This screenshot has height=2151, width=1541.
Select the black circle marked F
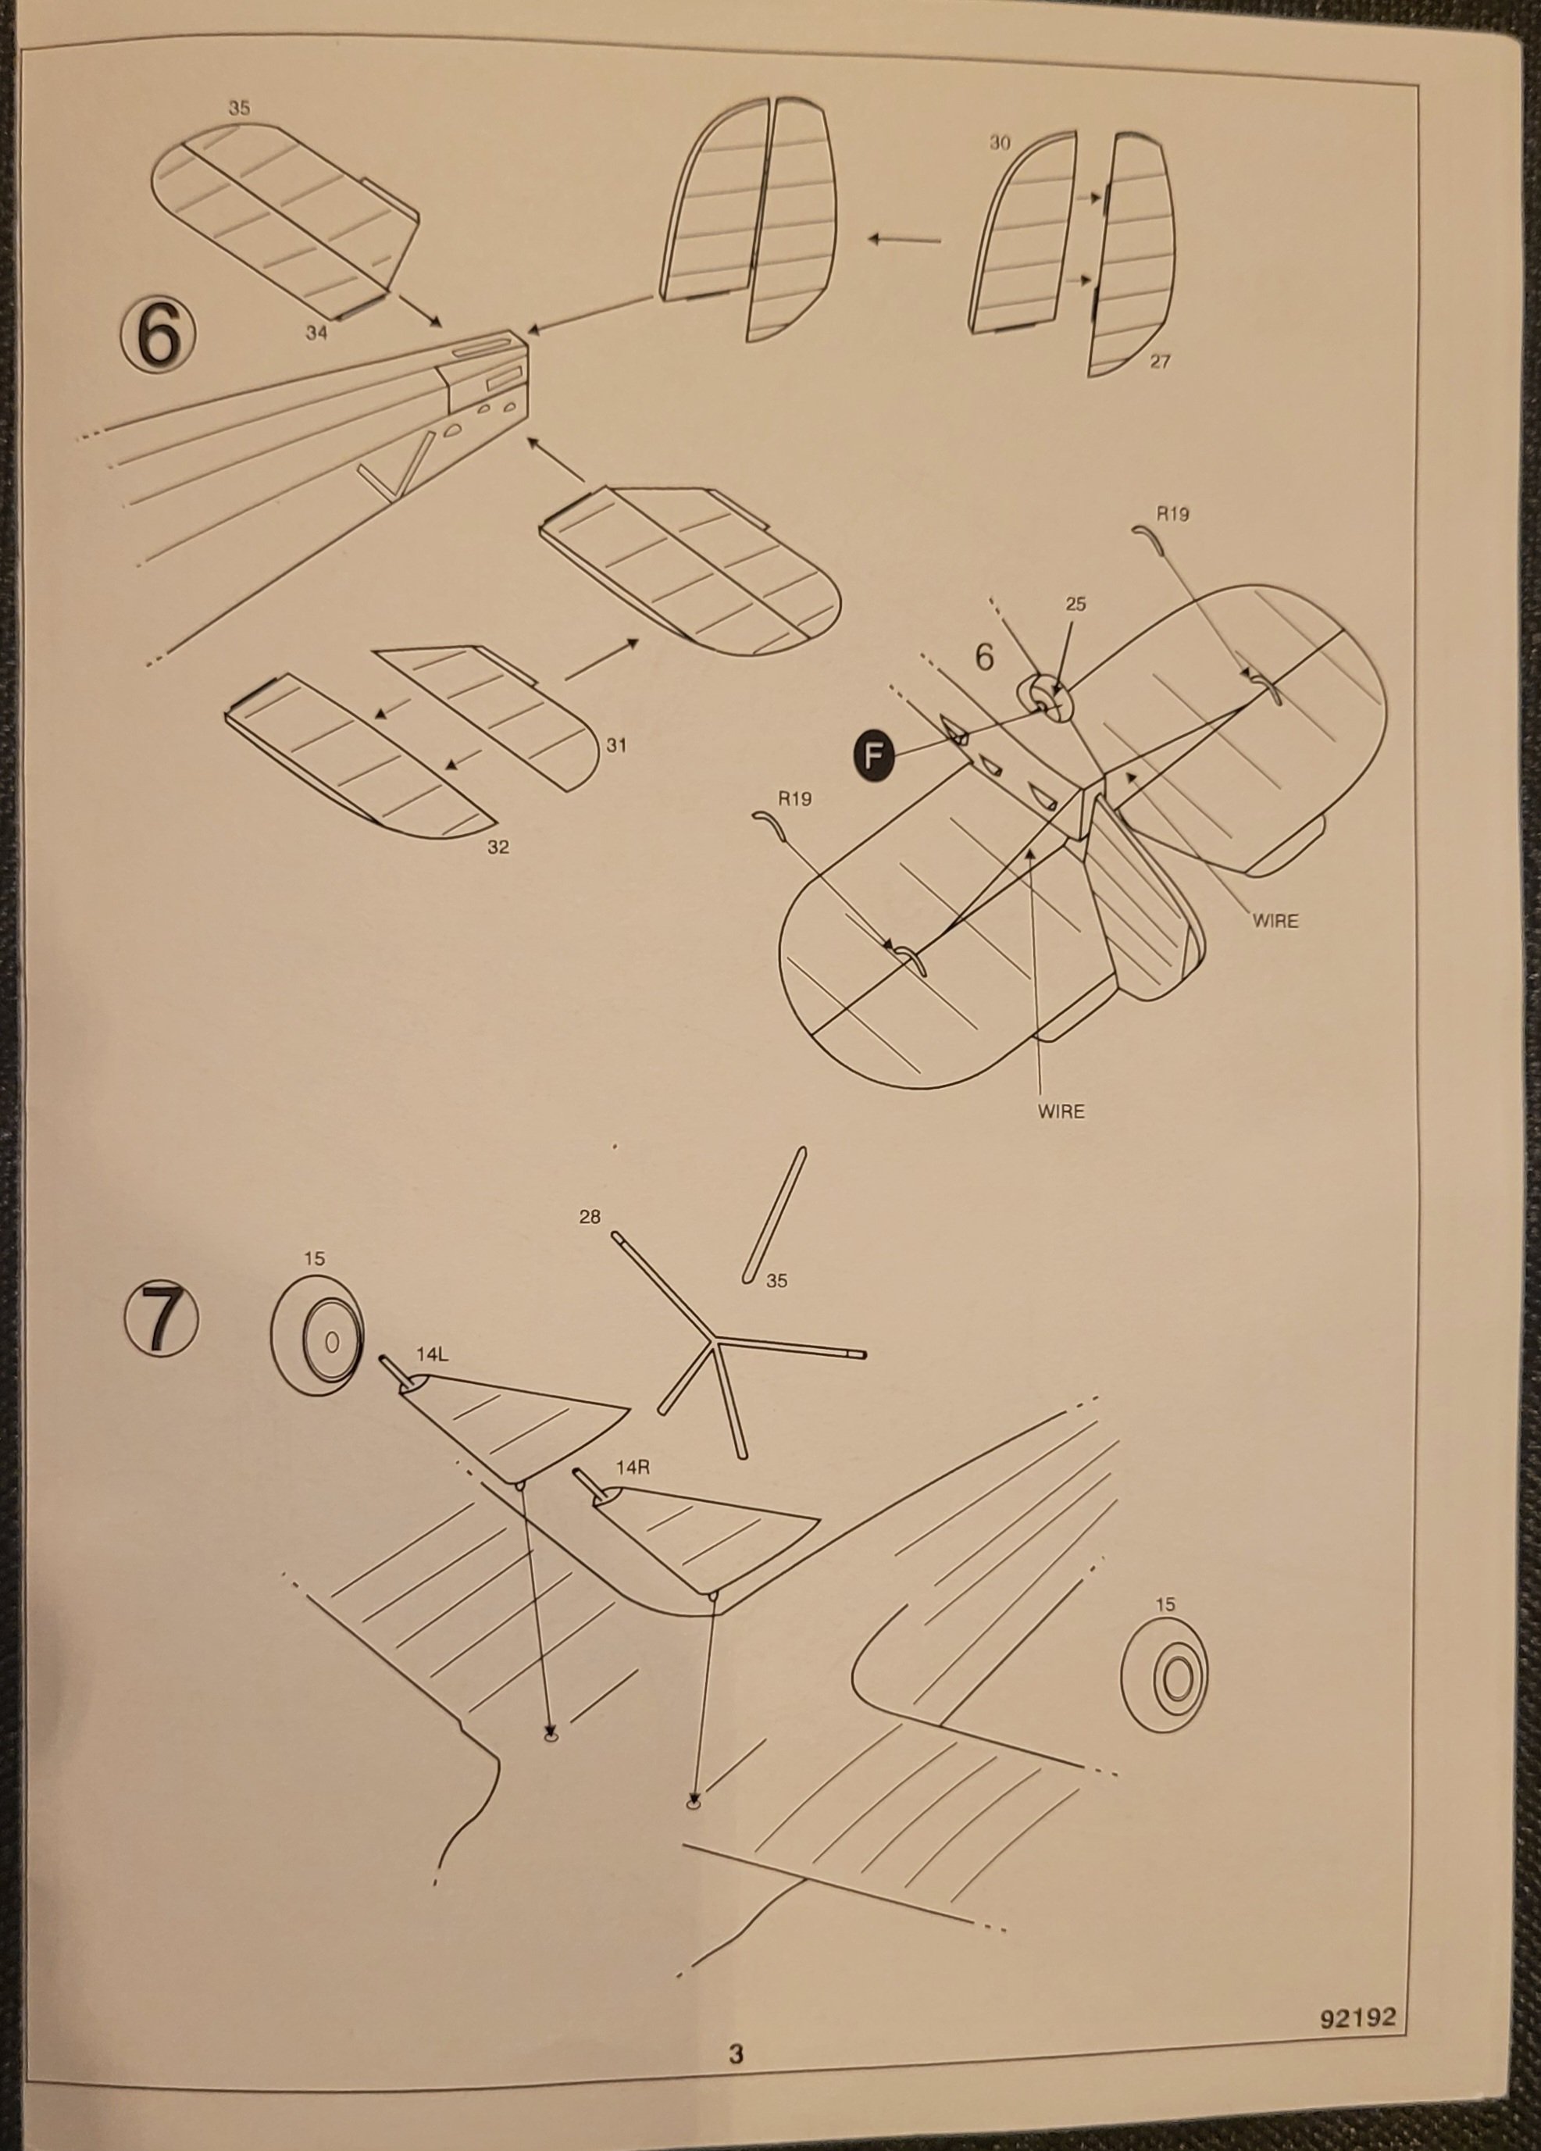click(x=873, y=755)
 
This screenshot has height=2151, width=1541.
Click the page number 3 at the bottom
click(x=736, y=2074)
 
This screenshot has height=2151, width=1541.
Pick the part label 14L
click(x=430, y=1354)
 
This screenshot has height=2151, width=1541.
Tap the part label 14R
click(x=633, y=1467)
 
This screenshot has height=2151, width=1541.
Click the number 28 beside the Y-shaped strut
click(x=590, y=1217)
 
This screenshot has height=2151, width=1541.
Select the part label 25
click(x=1075, y=605)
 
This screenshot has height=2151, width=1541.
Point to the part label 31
click(x=616, y=745)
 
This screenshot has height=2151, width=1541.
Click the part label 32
click(x=498, y=847)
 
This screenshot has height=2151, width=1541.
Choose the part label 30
click(x=1001, y=143)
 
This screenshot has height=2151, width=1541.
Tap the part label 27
click(x=1160, y=362)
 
